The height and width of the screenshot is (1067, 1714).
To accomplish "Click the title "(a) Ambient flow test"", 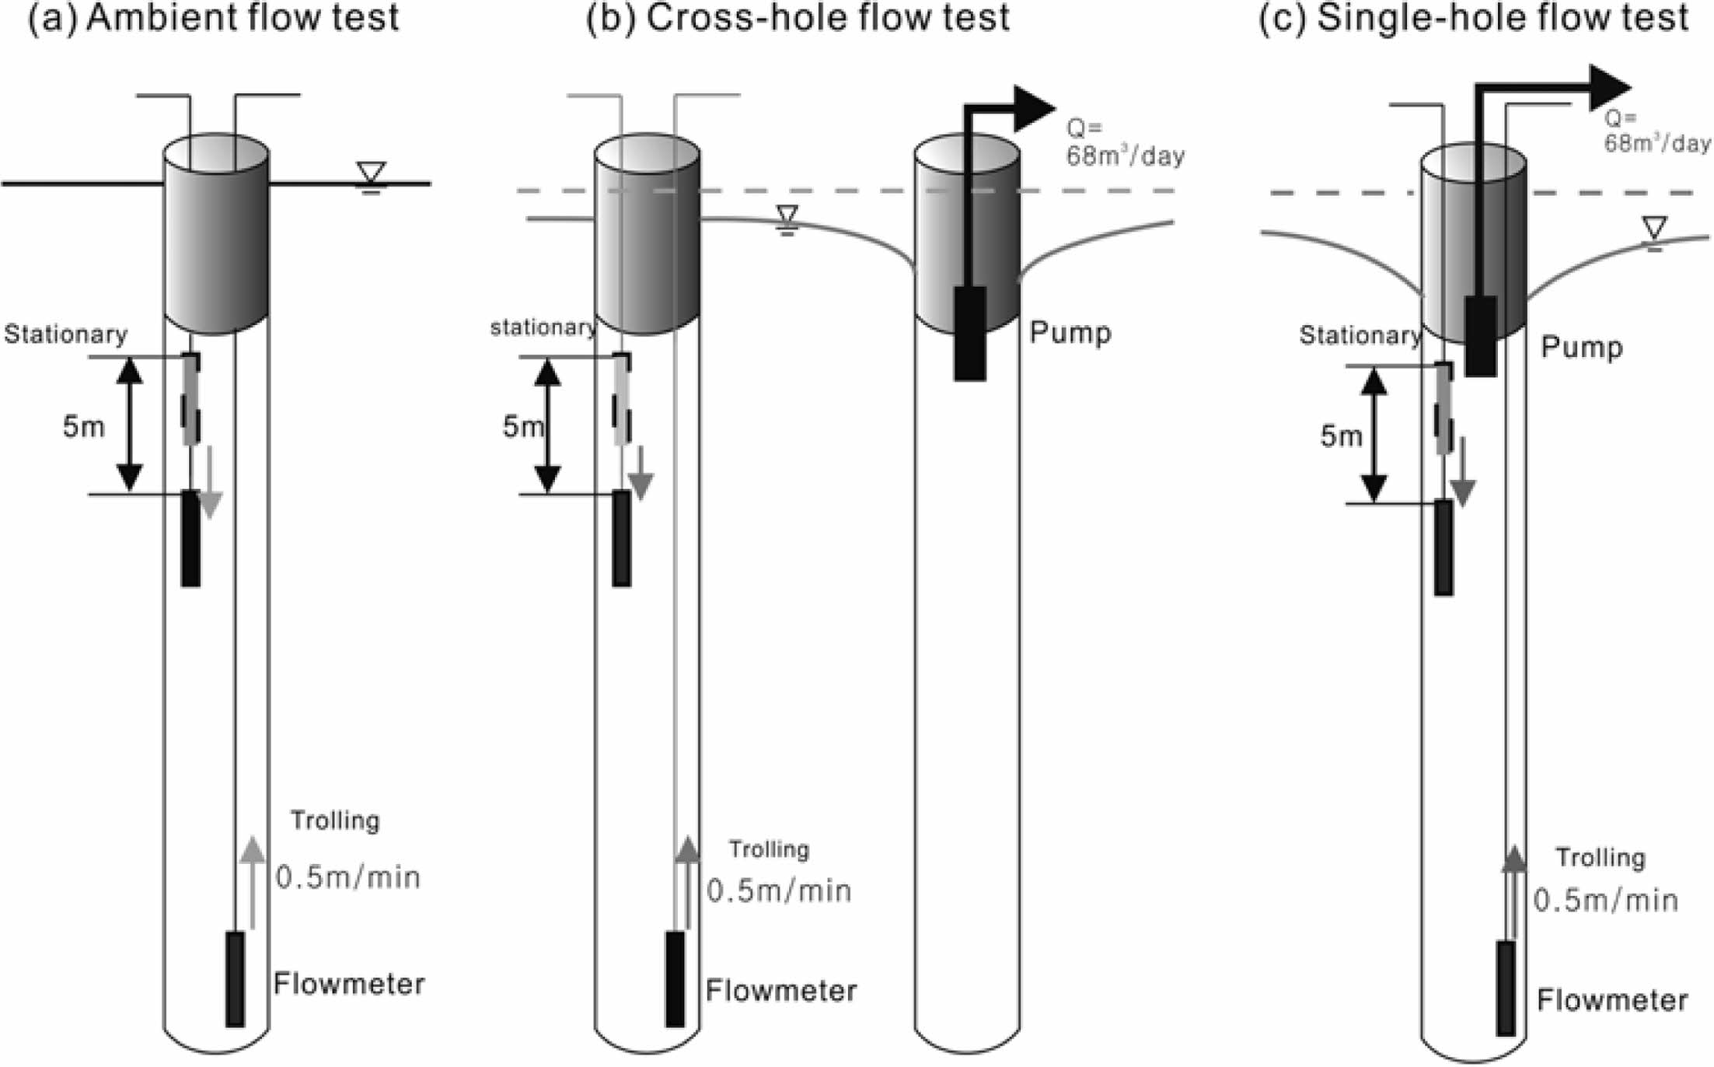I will (x=213, y=17).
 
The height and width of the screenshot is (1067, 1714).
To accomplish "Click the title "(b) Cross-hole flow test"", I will (x=798, y=17).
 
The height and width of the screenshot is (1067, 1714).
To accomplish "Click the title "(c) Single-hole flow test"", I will (x=1474, y=17).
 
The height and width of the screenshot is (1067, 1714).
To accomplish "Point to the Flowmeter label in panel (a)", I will (x=349, y=984).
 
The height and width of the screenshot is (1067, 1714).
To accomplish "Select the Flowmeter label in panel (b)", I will (x=781, y=990).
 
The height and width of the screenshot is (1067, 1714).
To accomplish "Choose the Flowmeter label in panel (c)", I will (x=1612, y=999).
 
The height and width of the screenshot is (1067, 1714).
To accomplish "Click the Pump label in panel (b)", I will (x=1070, y=332).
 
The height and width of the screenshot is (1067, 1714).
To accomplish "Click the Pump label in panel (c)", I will (x=1582, y=346).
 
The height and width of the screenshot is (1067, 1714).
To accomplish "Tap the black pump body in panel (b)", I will (x=970, y=333).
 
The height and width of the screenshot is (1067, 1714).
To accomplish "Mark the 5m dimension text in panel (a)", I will (x=83, y=426).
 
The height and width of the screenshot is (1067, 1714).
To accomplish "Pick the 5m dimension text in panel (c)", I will (x=1341, y=436).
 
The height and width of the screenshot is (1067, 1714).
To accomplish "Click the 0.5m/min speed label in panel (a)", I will (x=348, y=877).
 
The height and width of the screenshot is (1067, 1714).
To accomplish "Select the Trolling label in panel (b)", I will (x=769, y=848).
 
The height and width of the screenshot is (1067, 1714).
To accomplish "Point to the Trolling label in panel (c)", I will (x=1601, y=857).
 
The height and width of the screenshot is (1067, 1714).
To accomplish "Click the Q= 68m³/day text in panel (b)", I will (x=1124, y=143).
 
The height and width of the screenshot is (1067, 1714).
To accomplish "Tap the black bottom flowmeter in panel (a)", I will (x=235, y=979).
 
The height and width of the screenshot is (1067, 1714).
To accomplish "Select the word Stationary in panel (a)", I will (x=65, y=334).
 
